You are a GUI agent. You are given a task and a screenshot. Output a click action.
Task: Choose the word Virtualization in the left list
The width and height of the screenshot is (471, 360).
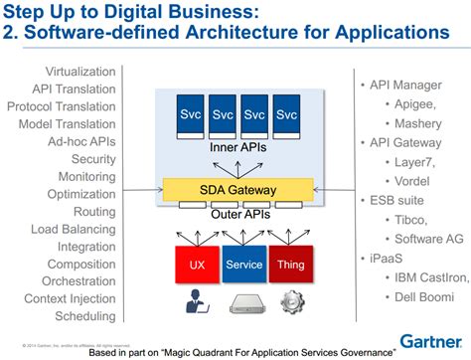tap(81, 71)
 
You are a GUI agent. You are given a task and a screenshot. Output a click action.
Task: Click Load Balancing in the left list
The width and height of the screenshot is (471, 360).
tap(76, 229)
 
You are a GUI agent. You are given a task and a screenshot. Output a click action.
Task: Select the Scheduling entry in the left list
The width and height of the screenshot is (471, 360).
tap(85, 317)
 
